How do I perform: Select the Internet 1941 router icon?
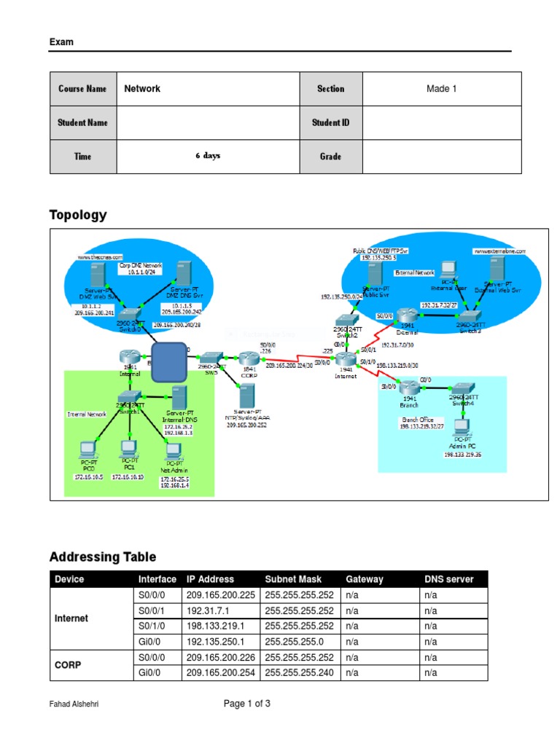coord(348,359)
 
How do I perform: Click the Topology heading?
coord(78,215)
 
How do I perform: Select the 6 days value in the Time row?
coord(208,156)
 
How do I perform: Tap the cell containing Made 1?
coord(441,89)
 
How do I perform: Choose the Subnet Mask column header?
coord(293,579)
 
